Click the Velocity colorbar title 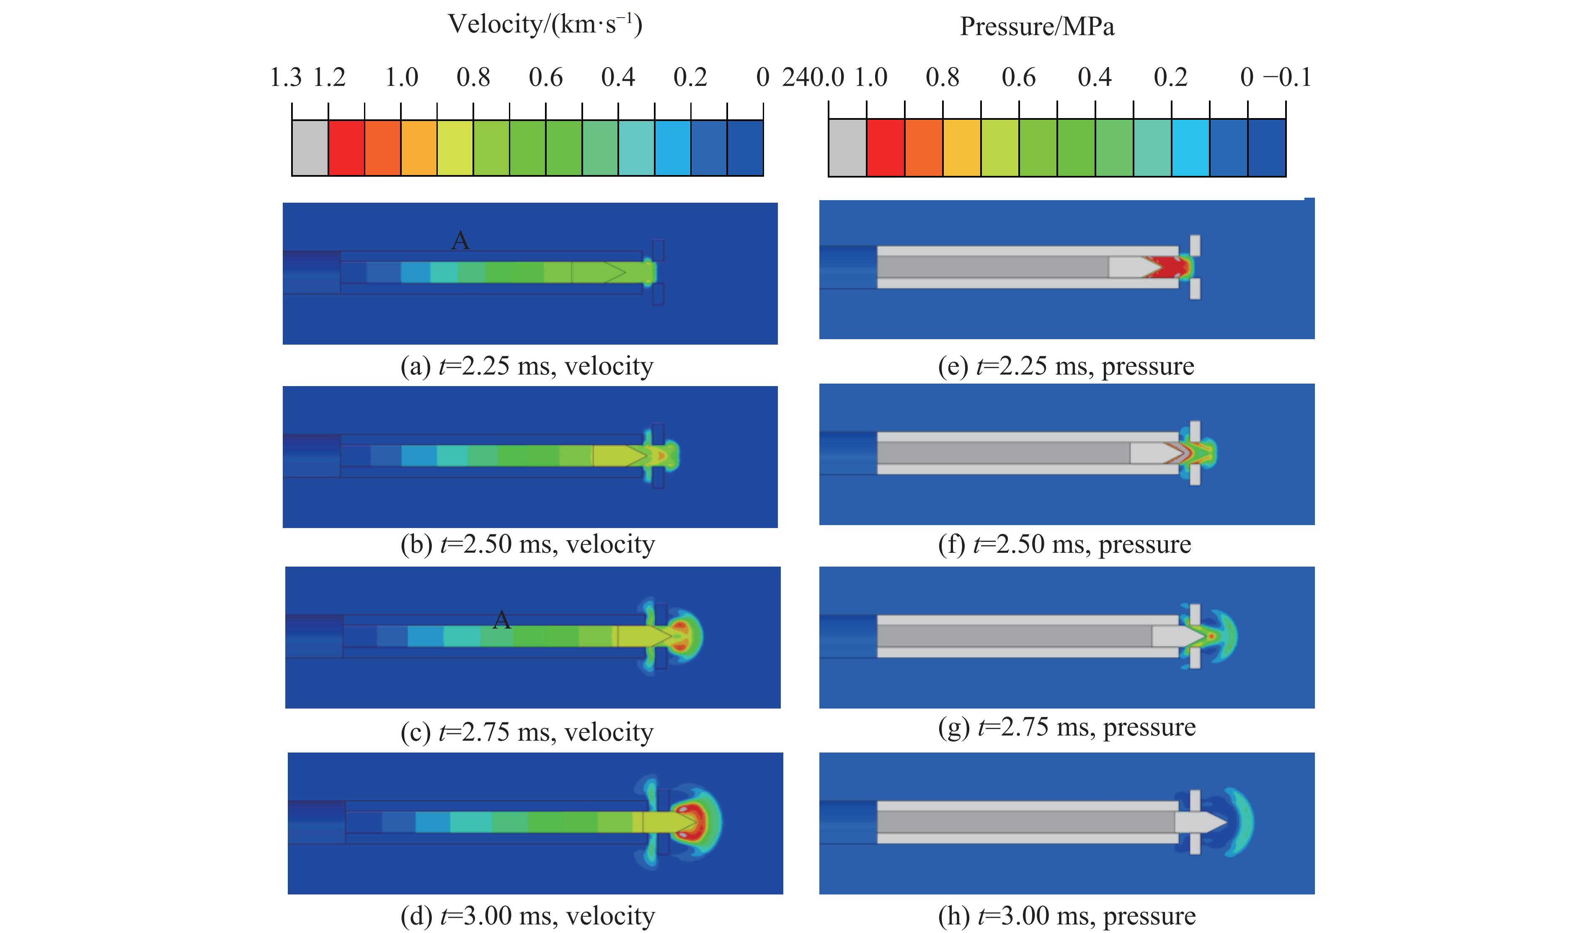click(545, 25)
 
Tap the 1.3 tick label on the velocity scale click(286, 78)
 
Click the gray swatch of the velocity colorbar click(310, 148)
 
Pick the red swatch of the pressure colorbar click(886, 148)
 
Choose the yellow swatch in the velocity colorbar click(455, 148)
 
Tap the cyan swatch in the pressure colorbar click(1190, 148)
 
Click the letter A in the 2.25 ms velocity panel click(460, 241)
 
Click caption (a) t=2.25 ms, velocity click(527, 366)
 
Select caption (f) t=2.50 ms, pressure click(1064, 544)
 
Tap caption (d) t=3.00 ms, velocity click(527, 916)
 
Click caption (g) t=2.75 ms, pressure click(1067, 727)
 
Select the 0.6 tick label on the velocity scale click(545, 78)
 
